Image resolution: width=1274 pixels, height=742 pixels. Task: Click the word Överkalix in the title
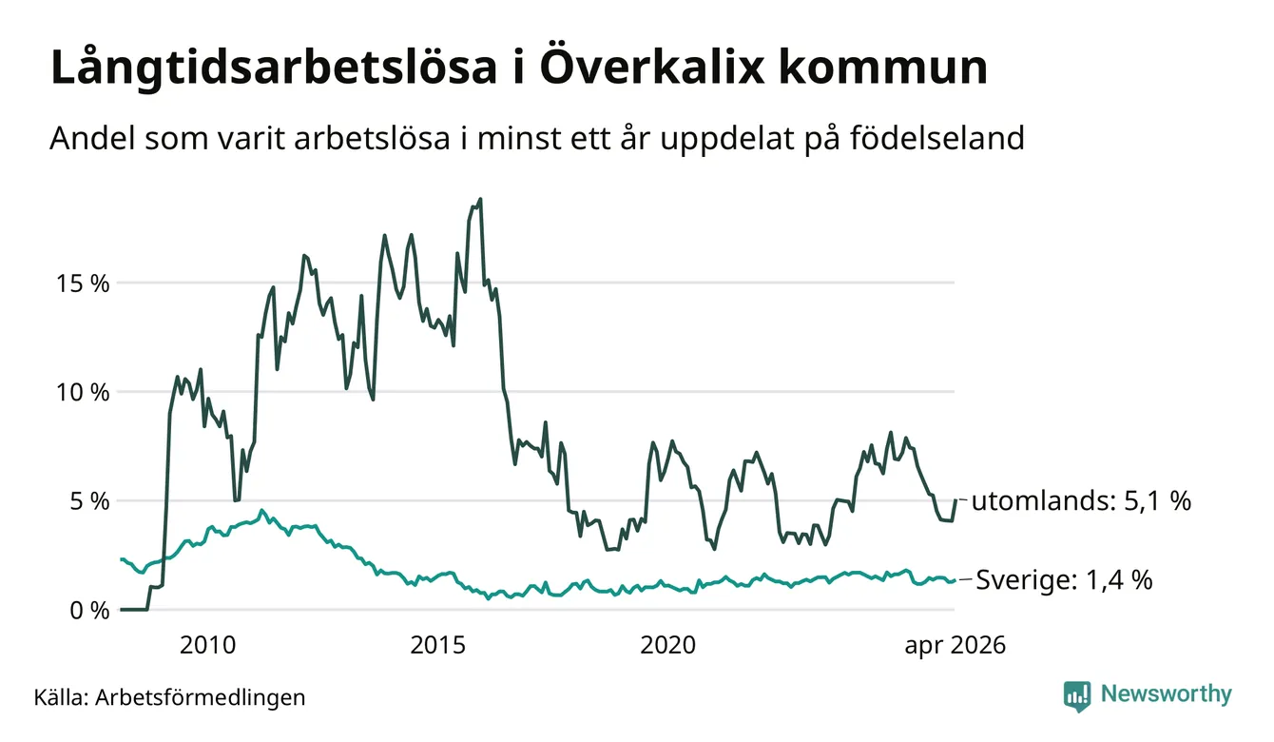(652, 67)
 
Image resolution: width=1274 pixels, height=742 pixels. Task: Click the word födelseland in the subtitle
(937, 138)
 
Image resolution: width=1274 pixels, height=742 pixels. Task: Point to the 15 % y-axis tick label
(83, 283)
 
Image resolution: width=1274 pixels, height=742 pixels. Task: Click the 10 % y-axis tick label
(83, 392)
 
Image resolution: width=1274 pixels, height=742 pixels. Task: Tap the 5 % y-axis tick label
(89, 501)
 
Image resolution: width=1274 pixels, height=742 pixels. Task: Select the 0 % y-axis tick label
(89, 611)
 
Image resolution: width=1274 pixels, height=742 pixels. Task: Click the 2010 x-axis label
(207, 645)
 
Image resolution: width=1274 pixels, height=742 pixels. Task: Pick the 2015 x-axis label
(438, 645)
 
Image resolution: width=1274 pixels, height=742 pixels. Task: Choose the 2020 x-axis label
(668, 645)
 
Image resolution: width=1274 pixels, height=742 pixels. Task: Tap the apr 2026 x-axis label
(955, 646)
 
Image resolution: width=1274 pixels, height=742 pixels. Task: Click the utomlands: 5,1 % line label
(1081, 500)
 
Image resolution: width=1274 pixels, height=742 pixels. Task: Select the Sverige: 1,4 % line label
(1064, 580)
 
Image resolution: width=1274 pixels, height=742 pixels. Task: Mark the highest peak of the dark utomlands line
(480, 199)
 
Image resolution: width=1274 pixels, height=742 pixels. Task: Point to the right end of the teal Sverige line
(955, 580)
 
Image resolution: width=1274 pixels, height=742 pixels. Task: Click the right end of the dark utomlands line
(955, 499)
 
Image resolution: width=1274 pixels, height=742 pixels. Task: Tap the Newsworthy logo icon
(1077, 696)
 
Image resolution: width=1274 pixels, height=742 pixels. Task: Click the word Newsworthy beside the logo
(1167, 694)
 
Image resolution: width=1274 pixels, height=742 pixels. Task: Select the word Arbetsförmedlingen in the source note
(201, 697)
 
